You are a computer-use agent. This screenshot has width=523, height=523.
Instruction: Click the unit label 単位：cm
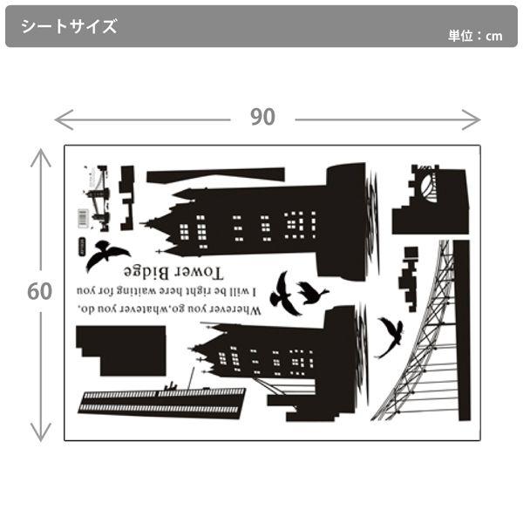[x=475, y=36]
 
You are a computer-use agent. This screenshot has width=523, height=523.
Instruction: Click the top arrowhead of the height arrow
[x=40, y=155]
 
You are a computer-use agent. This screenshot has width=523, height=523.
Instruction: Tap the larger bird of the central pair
[x=283, y=293]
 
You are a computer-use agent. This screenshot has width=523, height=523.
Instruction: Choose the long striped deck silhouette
[x=163, y=400]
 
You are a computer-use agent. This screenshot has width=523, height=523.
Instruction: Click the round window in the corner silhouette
[x=428, y=187]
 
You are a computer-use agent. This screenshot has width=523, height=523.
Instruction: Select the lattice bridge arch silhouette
[x=427, y=349]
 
